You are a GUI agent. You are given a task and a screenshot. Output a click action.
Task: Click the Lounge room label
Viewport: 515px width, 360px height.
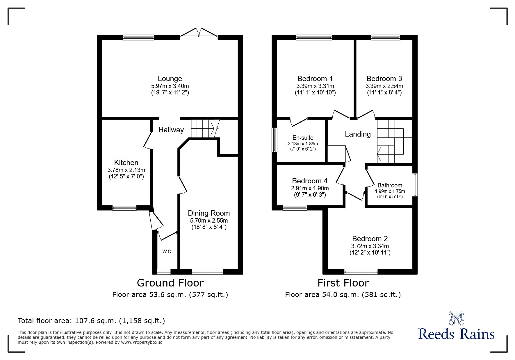170,78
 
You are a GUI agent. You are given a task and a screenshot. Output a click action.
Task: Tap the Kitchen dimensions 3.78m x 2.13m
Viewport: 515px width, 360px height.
126,170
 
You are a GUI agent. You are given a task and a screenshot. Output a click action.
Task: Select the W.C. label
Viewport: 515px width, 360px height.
167,251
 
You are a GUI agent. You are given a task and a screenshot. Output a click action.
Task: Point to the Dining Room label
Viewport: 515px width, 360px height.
209,213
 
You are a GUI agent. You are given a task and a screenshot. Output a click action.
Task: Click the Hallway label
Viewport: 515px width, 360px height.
171,130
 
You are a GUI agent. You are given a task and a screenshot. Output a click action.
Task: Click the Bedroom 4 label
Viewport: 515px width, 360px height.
310,181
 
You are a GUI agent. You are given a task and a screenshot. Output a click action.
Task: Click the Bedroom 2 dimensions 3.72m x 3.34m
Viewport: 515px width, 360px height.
370,246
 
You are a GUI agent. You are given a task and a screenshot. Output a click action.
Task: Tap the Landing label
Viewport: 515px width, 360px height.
358,134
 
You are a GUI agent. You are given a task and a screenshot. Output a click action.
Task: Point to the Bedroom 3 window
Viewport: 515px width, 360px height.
385,37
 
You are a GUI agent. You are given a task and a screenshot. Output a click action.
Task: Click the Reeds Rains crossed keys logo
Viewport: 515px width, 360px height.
456,318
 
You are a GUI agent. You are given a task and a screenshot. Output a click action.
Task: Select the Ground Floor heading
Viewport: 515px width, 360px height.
170,283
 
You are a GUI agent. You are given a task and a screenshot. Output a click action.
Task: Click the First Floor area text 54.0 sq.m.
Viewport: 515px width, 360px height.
343,295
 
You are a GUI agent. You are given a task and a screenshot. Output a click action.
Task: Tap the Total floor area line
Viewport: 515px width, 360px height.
91,321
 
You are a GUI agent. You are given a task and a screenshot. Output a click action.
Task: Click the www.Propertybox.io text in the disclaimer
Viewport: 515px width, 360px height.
142,342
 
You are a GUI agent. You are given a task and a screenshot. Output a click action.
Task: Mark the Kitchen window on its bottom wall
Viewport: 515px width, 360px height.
124,207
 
